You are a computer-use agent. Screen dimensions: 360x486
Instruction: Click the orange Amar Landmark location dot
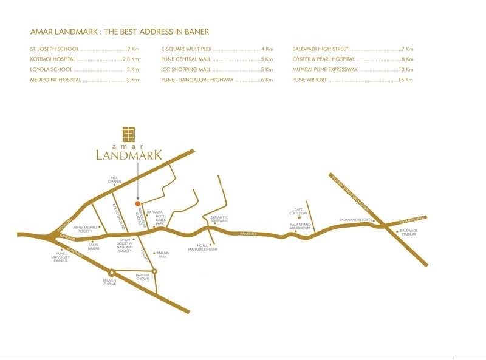point(137,203)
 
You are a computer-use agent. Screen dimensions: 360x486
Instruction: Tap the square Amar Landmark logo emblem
point(128,134)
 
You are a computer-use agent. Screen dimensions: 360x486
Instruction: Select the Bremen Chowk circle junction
point(111,272)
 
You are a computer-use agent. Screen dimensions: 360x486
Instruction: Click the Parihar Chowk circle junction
point(154,271)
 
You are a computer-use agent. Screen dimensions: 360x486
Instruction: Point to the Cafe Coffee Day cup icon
point(298,217)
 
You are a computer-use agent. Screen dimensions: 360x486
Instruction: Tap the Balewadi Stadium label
point(408,233)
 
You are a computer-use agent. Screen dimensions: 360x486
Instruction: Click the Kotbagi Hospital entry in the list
point(53,59)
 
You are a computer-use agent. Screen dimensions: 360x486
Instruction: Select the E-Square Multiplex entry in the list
point(187,49)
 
